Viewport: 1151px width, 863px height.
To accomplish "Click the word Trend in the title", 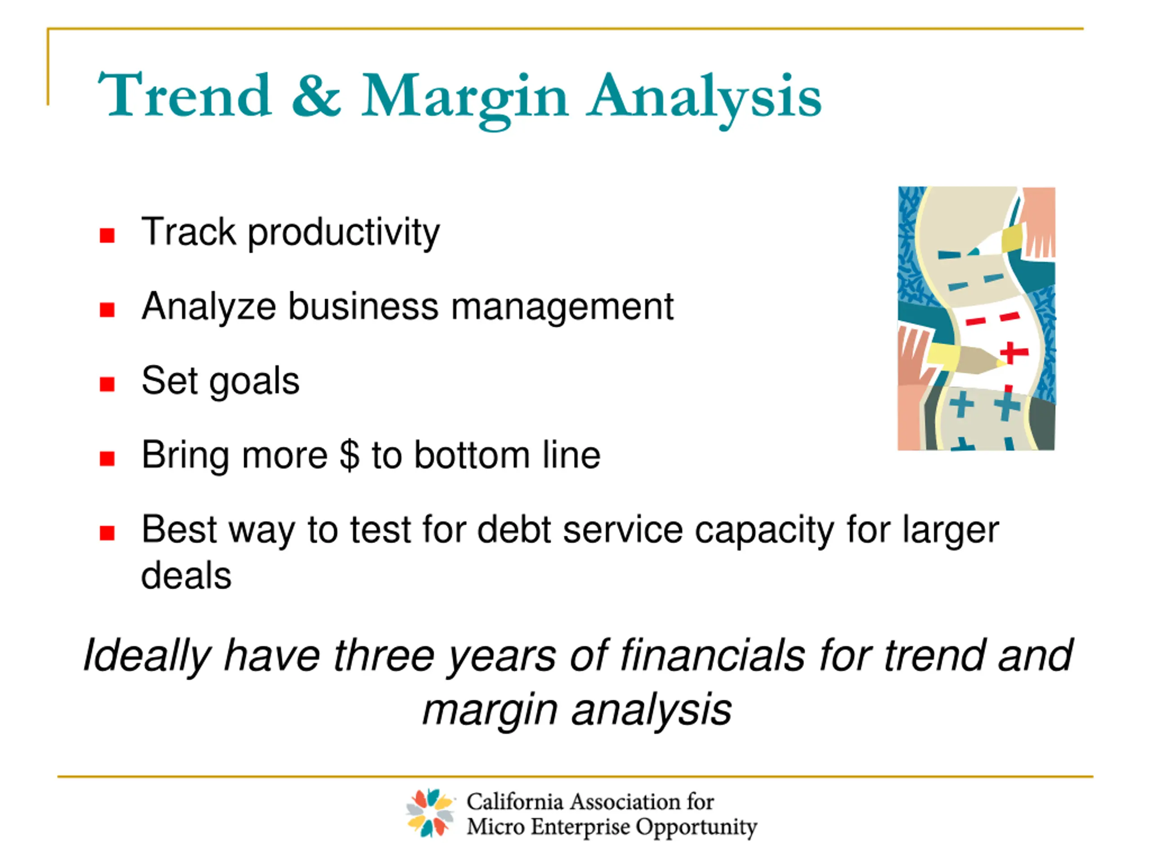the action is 185,95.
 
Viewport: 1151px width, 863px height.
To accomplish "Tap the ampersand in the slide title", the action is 317,95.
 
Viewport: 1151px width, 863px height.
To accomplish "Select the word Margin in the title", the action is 464,99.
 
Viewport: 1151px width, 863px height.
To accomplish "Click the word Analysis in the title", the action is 704,99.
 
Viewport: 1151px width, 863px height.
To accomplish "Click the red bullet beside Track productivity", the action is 107,236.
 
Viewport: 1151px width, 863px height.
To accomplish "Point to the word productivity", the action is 344,232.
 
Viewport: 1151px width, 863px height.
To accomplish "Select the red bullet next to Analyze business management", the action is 107,310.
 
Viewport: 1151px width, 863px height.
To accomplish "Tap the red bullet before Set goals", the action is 107,384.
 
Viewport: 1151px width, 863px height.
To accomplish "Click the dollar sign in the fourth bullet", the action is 350,455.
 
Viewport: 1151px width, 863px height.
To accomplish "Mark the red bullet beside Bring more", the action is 107,459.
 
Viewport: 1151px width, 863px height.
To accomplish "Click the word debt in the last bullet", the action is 514,529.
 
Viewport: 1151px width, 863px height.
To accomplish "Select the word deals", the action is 186,576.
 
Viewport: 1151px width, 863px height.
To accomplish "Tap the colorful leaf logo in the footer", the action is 429,813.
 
